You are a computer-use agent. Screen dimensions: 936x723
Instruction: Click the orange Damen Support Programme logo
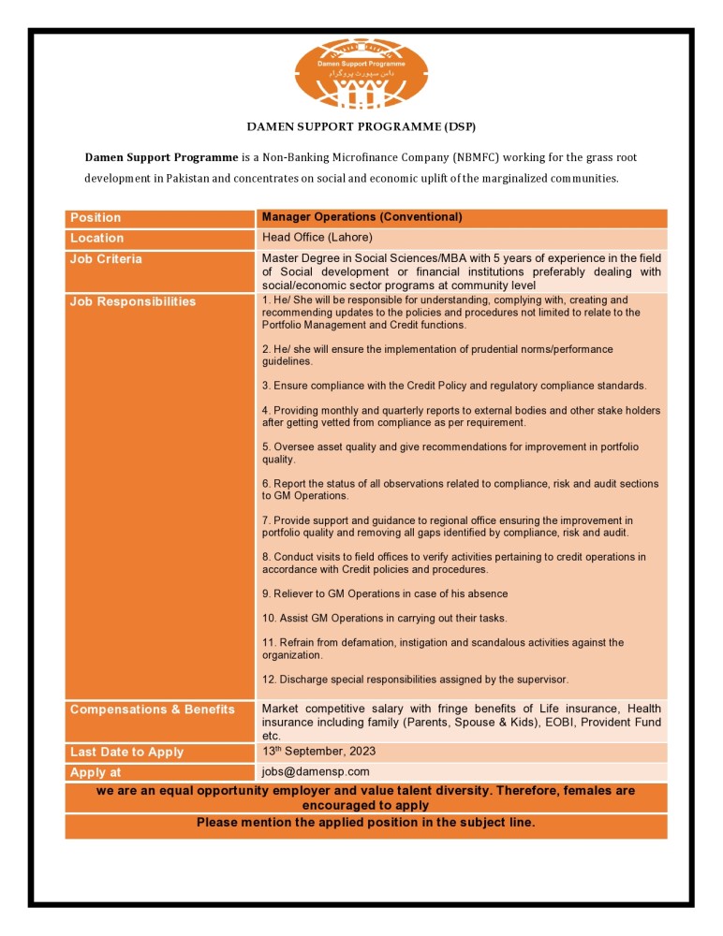(361, 74)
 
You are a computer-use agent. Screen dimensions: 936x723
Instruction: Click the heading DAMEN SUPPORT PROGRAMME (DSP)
(361, 125)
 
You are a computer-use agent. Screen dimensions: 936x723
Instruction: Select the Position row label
(96, 218)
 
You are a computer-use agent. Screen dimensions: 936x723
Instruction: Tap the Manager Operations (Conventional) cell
(361, 217)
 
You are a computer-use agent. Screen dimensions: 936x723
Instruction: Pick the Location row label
(96, 239)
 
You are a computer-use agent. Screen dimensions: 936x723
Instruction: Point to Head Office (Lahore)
(317, 238)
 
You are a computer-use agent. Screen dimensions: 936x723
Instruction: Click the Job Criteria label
(106, 259)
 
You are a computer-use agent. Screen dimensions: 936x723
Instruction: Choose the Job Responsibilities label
(133, 301)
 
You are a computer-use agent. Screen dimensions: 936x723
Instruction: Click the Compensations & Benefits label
(152, 709)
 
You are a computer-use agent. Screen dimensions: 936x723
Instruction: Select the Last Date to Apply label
(126, 753)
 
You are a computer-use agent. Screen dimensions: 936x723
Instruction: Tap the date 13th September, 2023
(319, 752)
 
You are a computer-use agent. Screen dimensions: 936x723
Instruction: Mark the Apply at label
(96, 773)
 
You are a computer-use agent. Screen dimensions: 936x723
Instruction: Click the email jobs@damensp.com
(316, 772)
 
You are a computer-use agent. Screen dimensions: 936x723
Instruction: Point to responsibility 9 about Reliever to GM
(385, 594)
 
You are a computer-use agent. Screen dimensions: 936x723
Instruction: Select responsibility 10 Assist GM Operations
(384, 619)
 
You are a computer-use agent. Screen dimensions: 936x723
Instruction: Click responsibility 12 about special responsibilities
(415, 680)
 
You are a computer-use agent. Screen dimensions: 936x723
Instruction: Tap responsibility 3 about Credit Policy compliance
(453, 386)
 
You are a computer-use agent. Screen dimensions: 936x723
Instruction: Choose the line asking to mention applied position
(365, 823)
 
